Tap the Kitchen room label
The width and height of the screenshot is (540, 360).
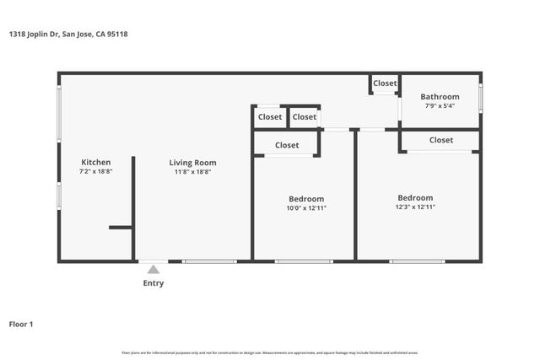click(95, 162)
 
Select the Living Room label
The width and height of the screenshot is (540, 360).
click(192, 163)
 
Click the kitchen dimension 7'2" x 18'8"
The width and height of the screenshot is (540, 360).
click(95, 171)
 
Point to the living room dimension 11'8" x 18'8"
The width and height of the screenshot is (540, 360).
click(192, 172)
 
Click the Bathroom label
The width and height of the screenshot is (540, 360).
click(440, 97)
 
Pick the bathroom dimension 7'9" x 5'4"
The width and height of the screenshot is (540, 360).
click(440, 106)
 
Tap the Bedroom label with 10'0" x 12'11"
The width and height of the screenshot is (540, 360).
click(305, 199)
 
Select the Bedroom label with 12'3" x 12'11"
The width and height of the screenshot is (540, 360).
click(415, 197)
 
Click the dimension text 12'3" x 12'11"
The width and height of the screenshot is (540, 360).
click(415, 207)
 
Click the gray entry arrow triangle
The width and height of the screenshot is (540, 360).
click(153, 270)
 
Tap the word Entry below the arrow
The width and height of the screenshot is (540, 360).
click(153, 283)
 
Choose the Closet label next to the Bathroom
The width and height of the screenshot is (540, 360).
click(385, 83)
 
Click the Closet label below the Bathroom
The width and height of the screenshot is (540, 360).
click(440, 140)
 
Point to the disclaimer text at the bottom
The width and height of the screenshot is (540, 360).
click(270, 352)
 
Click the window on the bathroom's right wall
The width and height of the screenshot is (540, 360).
click(480, 97)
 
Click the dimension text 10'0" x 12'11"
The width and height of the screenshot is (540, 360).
click(305, 208)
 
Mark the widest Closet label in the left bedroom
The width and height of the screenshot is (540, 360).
click(287, 145)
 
